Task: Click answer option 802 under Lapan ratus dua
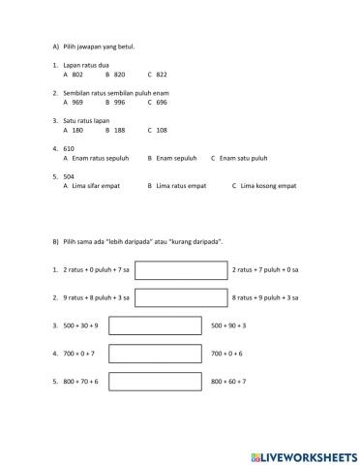point(77,75)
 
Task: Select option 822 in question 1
point(162,75)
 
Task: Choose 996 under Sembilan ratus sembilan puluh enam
point(119,102)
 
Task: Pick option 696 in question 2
point(162,102)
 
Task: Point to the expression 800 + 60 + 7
point(228,383)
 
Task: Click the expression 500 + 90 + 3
point(228,326)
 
